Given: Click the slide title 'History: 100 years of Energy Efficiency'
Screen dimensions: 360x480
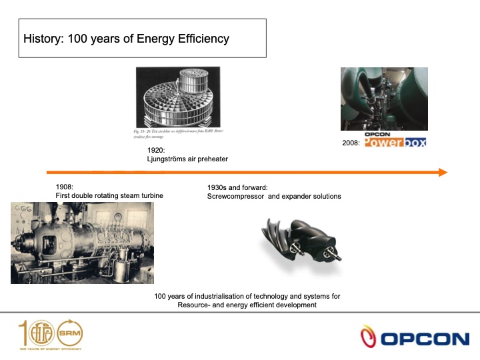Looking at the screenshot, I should click(126, 39).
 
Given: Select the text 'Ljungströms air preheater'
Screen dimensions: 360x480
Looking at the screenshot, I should click(187, 160).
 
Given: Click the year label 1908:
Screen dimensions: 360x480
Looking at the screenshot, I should click(65, 187).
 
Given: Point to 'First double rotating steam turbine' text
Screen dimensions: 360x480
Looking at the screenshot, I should click(109, 195).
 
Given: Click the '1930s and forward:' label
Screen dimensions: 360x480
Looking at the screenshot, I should click(237, 187).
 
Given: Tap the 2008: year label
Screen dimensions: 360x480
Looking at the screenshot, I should click(352, 142).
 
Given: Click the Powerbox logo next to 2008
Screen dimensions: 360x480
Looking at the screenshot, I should click(395, 142).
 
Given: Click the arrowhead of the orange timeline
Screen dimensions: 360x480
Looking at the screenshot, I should click(442, 172).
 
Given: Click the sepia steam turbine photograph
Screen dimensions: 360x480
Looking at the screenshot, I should click(81, 243).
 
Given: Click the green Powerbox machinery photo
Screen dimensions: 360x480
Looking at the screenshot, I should click(384, 98).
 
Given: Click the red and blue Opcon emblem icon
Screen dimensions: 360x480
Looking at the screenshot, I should click(369, 337).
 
